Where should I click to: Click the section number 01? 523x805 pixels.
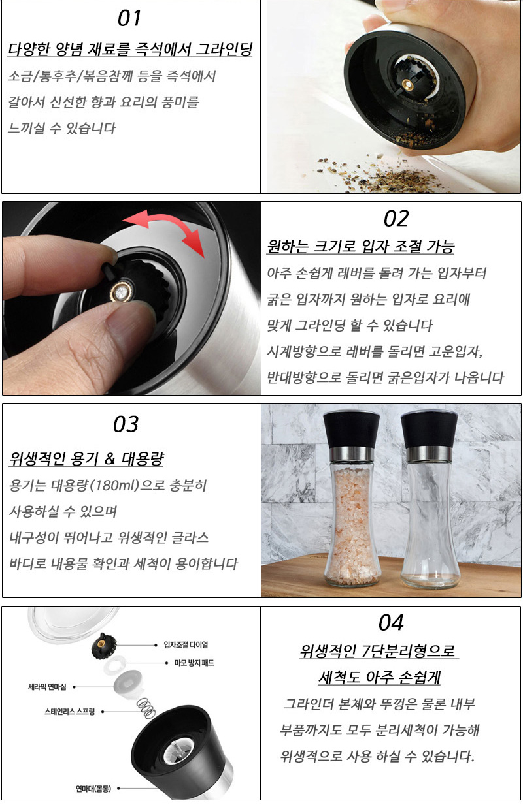pyautogui.click(x=129, y=18)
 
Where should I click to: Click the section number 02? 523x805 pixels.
pyautogui.click(x=396, y=219)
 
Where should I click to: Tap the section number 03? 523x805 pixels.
pyautogui.click(x=126, y=424)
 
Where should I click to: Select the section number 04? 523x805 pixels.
pyautogui.click(x=391, y=623)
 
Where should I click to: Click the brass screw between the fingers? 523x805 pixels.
pyautogui.click(x=122, y=292)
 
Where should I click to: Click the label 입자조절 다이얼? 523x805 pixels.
pyautogui.click(x=186, y=645)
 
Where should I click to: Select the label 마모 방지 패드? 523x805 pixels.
pyautogui.click(x=194, y=663)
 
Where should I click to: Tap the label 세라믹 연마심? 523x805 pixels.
pyautogui.click(x=47, y=687)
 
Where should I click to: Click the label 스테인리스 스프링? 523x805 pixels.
pyautogui.click(x=70, y=712)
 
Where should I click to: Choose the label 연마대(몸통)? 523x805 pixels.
pyautogui.click(x=93, y=789)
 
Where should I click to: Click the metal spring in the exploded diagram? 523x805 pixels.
pyautogui.click(x=146, y=708)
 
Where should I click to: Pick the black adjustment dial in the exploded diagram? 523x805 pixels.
pyautogui.click(x=104, y=646)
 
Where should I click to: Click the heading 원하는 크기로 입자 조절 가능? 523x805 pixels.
pyautogui.click(x=361, y=247)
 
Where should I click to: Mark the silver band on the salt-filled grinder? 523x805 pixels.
pyautogui.click(x=351, y=454)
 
